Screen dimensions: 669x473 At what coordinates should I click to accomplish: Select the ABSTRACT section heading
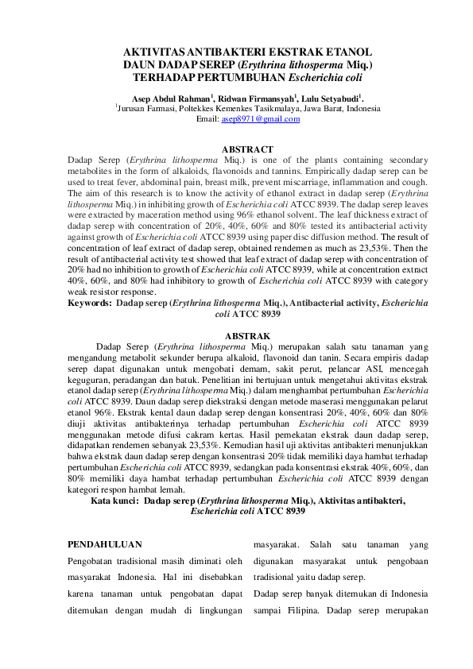[247, 149]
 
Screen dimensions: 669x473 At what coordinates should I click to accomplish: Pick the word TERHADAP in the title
[171, 79]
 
